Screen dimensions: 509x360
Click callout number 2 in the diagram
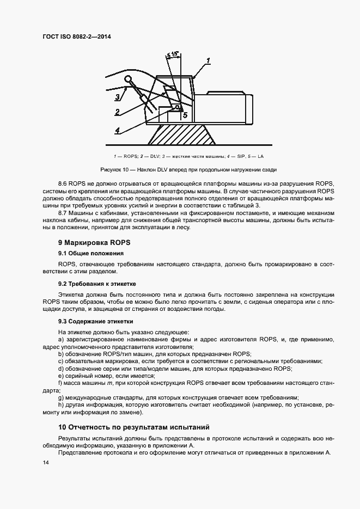(x=117, y=112)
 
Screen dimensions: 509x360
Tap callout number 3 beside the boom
(x=117, y=97)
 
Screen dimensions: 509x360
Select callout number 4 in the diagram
(x=117, y=130)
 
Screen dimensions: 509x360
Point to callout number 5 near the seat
(x=185, y=115)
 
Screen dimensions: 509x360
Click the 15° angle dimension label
(x=174, y=54)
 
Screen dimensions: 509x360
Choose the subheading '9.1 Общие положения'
(x=90, y=254)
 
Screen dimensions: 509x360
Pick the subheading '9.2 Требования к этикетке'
(x=97, y=284)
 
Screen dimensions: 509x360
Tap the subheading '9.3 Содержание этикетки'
(x=95, y=322)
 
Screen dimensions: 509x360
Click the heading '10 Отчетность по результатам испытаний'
(x=133, y=427)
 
